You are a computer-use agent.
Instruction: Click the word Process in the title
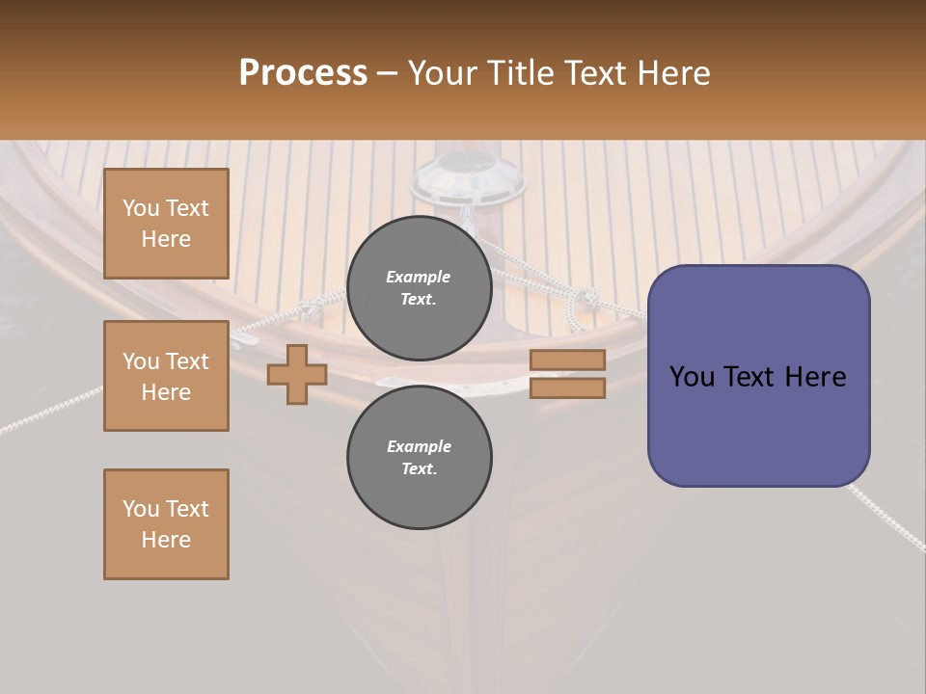coord(303,72)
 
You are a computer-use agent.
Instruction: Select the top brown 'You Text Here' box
coord(166,224)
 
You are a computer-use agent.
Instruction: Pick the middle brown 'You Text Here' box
coord(166,376)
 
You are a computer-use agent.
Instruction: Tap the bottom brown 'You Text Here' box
coord(166,524)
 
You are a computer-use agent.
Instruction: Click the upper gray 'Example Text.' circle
coord(419,287)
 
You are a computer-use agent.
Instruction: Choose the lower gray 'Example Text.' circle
coord(419,457)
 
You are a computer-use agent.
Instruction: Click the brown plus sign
coord(297,374)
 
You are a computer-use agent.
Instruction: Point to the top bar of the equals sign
coord(567,360)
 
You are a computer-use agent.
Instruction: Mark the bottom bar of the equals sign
coord(567,387)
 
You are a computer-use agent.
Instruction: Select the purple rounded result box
coord(758,376)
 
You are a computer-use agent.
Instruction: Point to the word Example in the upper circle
coord(419,277)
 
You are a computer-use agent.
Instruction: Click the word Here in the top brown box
coord(166,239)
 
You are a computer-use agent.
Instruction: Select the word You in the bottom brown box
coord(140,509)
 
